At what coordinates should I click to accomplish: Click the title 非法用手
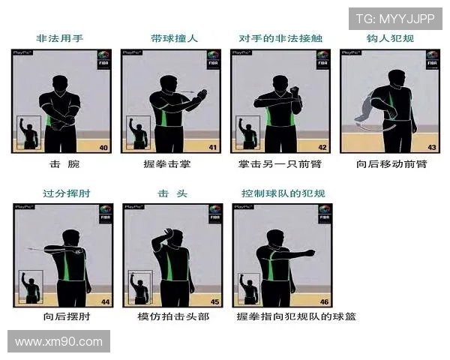point(61,37)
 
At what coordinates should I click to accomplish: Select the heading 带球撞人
point(169,37)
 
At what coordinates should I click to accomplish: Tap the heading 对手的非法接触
point(280,37)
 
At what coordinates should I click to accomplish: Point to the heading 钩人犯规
point(390,37)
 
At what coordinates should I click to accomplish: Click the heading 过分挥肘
point(61,193)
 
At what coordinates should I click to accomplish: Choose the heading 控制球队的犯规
point(280,193)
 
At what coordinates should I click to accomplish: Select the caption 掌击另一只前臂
point(280,163)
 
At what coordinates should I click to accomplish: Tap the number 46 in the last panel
point(322,301)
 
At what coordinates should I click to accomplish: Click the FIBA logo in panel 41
point(212,59)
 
